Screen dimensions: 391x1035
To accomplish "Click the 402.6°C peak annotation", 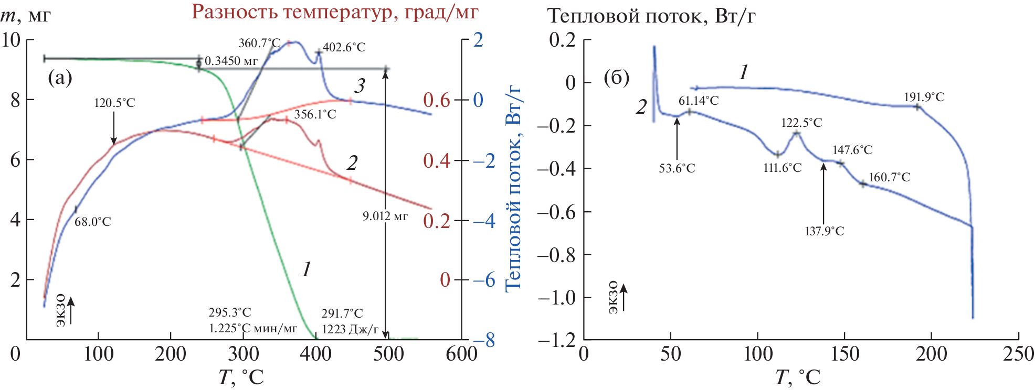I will pos(344,47).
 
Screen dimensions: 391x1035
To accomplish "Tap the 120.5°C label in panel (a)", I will pos(114,103).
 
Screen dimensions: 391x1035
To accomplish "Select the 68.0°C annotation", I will pos(92,222).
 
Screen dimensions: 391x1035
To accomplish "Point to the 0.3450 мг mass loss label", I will pos(231,61).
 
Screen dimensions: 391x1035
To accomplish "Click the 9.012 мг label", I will pos(385,216).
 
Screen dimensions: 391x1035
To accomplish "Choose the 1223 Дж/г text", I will pos(350,329).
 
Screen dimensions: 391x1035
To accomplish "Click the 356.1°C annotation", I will pos(315,114).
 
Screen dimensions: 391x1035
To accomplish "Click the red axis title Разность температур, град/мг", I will pos(335,12).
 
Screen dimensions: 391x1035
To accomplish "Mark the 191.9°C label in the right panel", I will pos(924,97).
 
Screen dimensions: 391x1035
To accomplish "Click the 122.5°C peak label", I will pos(801,123).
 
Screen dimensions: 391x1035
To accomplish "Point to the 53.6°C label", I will pos(677,168).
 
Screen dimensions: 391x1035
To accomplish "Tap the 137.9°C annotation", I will pos(824,231).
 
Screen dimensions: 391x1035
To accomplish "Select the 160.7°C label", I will pos(889,177).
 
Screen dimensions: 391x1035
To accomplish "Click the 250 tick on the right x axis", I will pos(1018,354).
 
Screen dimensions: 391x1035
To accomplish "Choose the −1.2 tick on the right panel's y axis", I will pos(556,340).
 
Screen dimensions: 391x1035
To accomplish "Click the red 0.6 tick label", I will pos(437,100).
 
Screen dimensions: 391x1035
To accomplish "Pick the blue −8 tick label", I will pos(484,341).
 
